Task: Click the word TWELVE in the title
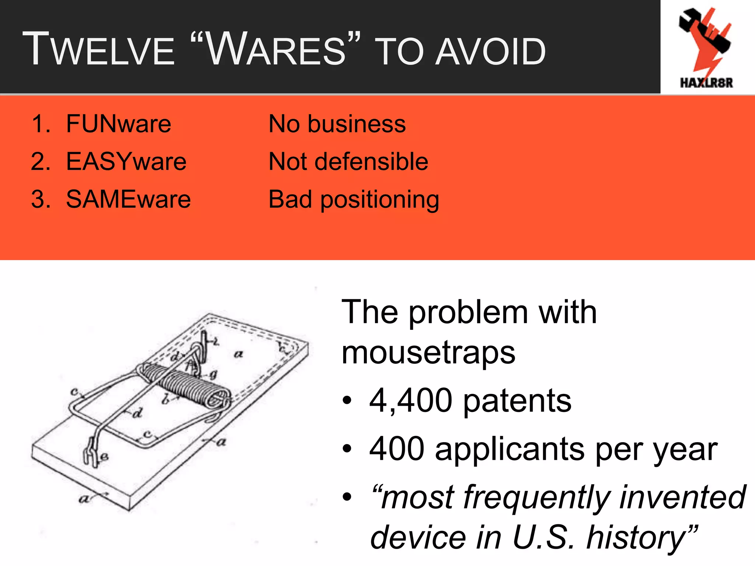[99, 50]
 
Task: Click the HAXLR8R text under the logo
[706, 83]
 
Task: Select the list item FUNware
[118, 124]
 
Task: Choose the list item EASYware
[126, 162]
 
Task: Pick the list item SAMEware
[128, 199]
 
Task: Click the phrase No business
[337, 124]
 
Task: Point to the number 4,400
[411, 401]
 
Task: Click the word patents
[517, 401]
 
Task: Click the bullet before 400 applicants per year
[347, 449]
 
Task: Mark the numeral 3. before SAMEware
[41, 199]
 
